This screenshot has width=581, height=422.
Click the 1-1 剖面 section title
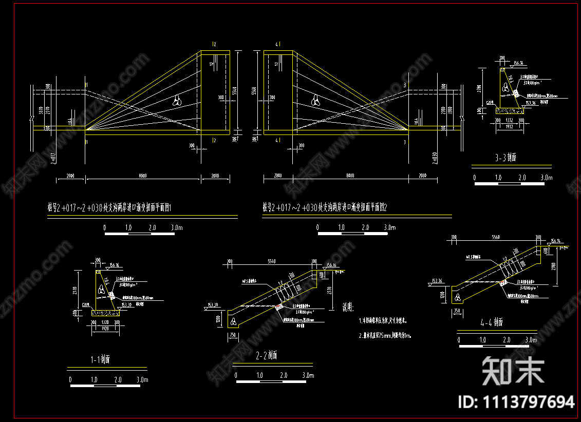click(98, 359)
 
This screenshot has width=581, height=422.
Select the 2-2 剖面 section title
click(266, 355)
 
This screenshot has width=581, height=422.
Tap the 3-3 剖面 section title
click(505, 158)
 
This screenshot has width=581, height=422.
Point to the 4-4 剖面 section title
click(492, 323)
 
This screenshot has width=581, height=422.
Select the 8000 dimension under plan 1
click(143, 176)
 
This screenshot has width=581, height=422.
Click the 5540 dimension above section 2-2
click(272, 261)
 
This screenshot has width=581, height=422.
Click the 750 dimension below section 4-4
click(456, 311)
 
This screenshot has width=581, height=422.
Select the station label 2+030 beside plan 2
click(435, 158)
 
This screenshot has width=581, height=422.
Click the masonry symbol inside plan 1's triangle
click(178, 101)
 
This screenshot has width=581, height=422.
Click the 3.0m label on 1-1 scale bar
click(142, 380)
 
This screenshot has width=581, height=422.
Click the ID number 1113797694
click(516, 401)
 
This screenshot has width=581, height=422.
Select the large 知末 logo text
click(513, 371)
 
